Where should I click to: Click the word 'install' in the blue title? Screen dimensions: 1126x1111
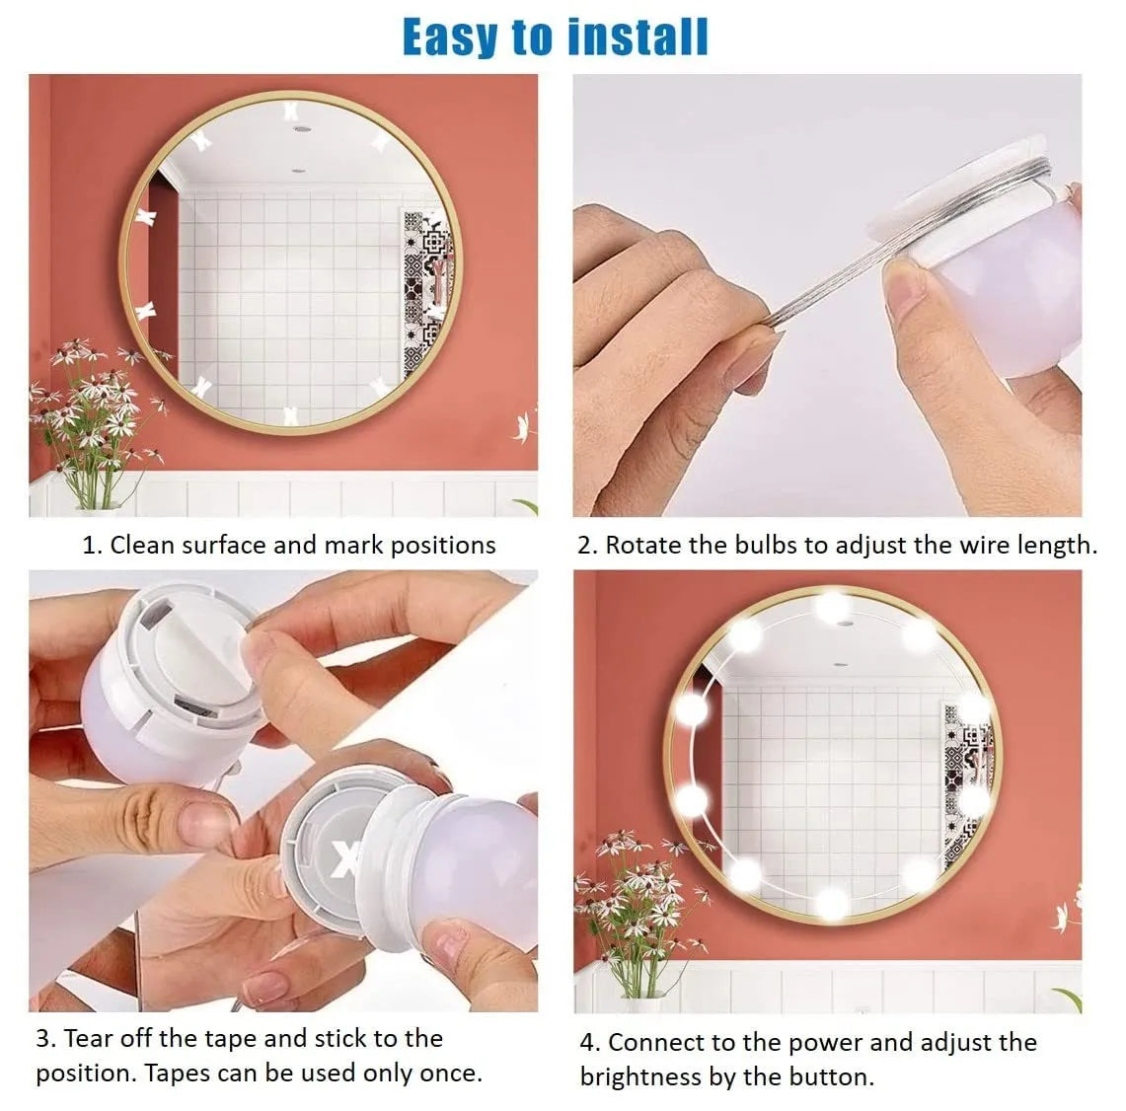tap(638, 37)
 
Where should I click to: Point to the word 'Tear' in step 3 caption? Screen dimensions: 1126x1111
tap(89, 1038)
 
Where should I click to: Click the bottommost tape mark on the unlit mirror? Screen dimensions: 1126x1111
tap(290, 415)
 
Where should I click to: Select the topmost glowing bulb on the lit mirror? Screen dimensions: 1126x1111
tap(832, 605)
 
